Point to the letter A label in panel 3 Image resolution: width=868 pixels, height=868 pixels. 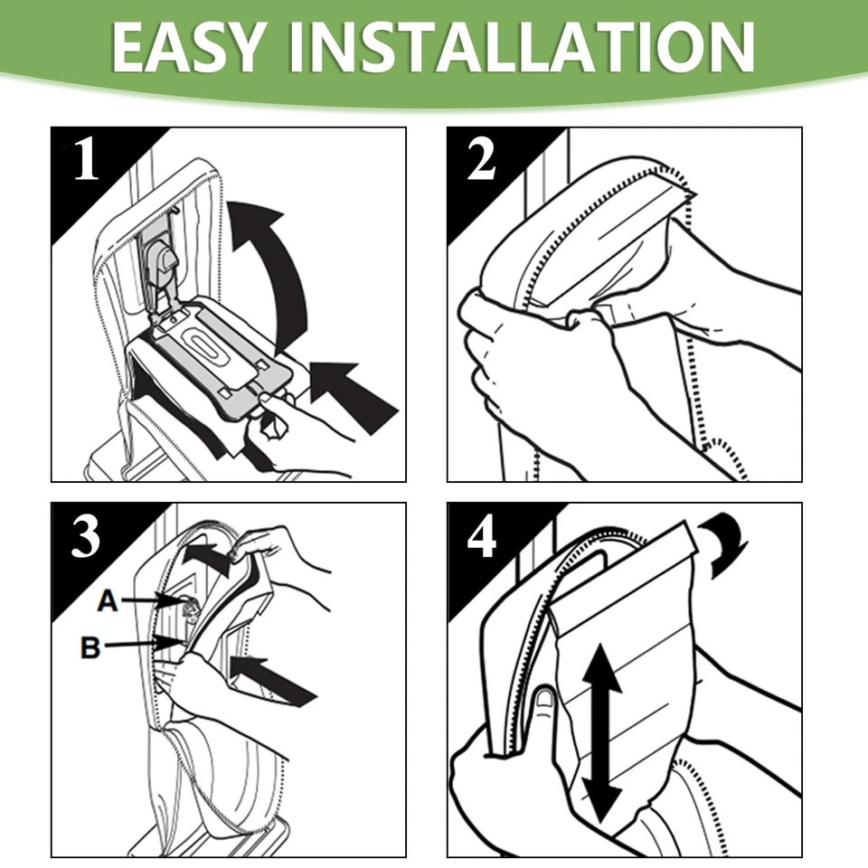tap(108, 600)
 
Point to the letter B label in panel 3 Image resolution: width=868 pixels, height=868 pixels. tap(90, 647)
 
